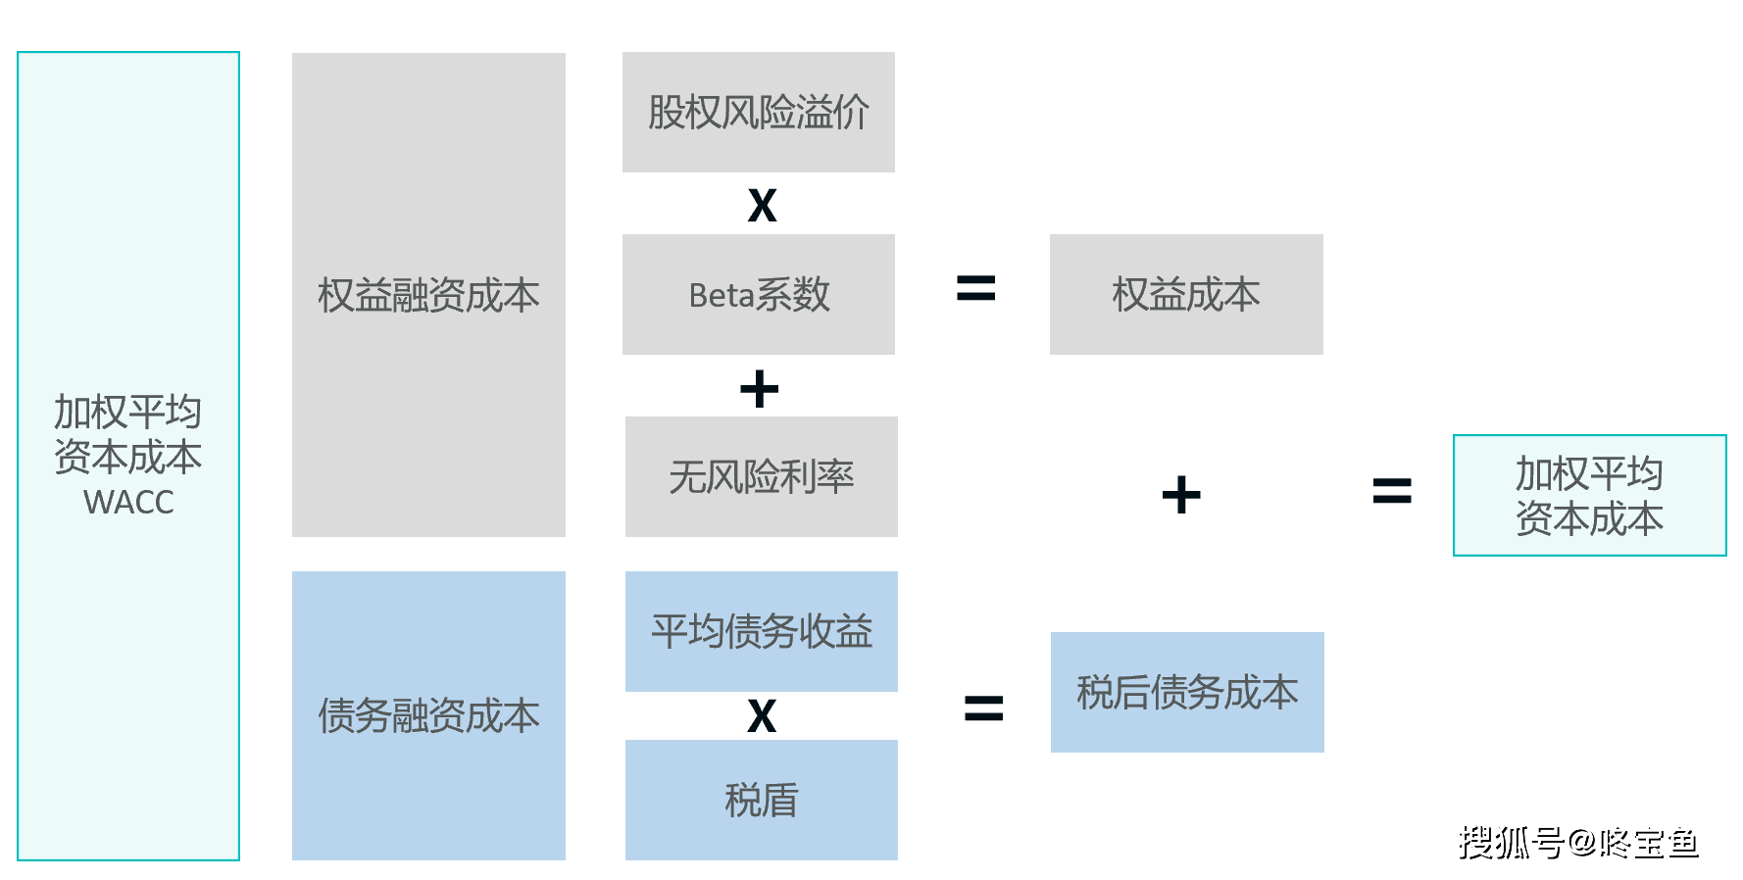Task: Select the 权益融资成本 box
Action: (428, 295)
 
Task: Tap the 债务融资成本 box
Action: (428, 715)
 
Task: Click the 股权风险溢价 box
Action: (759, 112)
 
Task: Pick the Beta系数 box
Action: (759, 294)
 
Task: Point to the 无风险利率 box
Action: (762, 476)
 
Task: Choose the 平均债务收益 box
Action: (762, 631)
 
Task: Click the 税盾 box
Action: (762, 800)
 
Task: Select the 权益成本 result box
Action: (1186, 294)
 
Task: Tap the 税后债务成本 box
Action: (1187, 692)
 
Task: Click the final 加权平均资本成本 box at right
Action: (1589, 495)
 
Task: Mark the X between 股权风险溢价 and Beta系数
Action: (762, 206)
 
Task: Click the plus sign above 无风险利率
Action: (759, 389)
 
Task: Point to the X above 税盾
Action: (762, 716)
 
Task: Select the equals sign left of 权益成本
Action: (975, 288)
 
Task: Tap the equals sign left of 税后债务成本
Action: (983, 708)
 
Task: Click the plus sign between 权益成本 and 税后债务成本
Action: (1181, 495)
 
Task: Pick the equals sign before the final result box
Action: (1392, 491)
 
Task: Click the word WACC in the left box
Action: (128, 502)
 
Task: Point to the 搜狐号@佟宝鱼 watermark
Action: (1578, 843)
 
